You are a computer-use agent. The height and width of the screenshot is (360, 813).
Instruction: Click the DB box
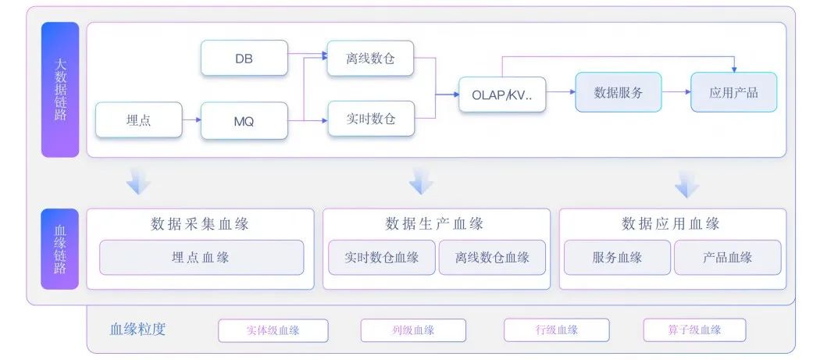(244, 58)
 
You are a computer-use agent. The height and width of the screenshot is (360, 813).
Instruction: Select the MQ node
(244, 121)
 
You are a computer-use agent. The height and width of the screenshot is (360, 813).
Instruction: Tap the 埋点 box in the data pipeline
(139, 119)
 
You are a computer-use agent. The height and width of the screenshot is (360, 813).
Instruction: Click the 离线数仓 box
(371, 58)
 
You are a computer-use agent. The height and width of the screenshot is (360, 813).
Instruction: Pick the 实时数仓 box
(371, 119)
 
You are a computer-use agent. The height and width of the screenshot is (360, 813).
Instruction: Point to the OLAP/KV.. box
(502, 94)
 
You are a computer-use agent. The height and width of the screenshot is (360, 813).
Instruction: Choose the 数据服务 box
(619, 92)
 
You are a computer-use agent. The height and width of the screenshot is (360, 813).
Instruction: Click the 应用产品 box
(733, 92)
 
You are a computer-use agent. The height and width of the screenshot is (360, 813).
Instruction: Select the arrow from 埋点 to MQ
(192, 119)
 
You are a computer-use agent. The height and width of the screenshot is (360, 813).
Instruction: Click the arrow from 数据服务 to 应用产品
(676, 92)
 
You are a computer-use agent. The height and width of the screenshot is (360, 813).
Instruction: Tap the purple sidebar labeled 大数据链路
(60, 89)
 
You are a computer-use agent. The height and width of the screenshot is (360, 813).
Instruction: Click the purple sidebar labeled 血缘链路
(60, 249)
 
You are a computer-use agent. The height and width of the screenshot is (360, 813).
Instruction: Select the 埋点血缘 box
(201, 257)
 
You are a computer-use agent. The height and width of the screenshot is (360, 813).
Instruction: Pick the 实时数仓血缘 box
(382, 257)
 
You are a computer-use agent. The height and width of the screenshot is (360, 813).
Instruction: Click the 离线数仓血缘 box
(492, 257)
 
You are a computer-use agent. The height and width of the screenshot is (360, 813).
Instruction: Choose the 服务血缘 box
(617, 257)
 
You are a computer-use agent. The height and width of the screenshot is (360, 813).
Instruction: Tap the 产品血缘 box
(727, 257)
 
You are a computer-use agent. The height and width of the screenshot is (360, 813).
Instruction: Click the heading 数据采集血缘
(200, 224)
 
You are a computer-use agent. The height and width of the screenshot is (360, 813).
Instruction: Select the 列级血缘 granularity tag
(413, 330)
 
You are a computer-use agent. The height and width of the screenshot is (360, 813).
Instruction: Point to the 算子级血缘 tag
(694, 330)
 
